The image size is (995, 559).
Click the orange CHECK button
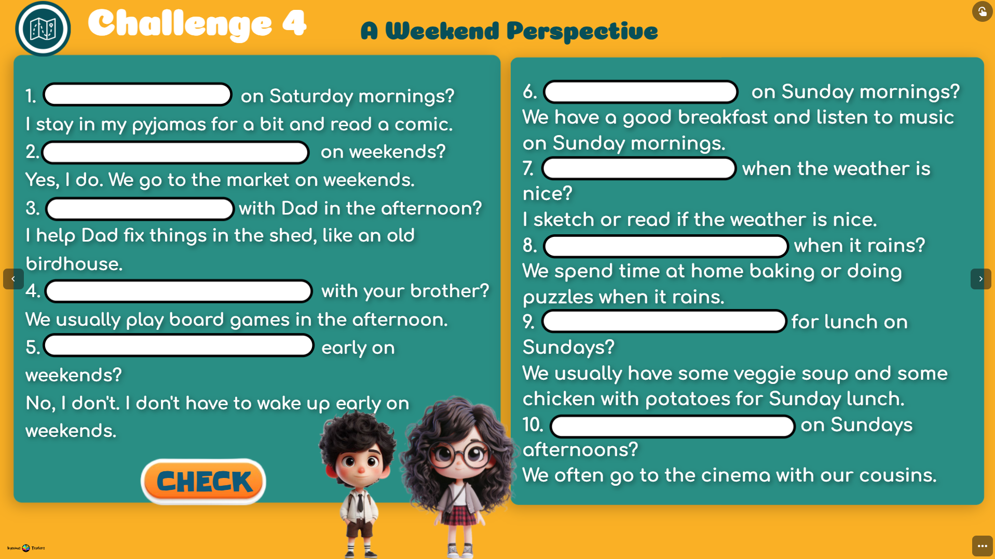coord(203,482)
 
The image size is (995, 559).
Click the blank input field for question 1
coord(138,95)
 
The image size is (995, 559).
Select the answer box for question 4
coord(179,291)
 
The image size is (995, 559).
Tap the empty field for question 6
coord(640,92)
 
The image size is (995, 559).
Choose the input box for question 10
coord(673,427)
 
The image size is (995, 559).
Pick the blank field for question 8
coord(666,246)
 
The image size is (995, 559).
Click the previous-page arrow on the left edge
coord(13,279)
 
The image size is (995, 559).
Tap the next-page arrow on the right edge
coord(980,279)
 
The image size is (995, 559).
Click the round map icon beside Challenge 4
coord(43,29)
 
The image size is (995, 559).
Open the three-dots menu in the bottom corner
coord(982,546)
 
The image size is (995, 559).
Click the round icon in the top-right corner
coord(982,11)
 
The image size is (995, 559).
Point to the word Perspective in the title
coord(582,31)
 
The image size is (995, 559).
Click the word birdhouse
coord(74,264)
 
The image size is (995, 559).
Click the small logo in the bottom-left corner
coord(26,548)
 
